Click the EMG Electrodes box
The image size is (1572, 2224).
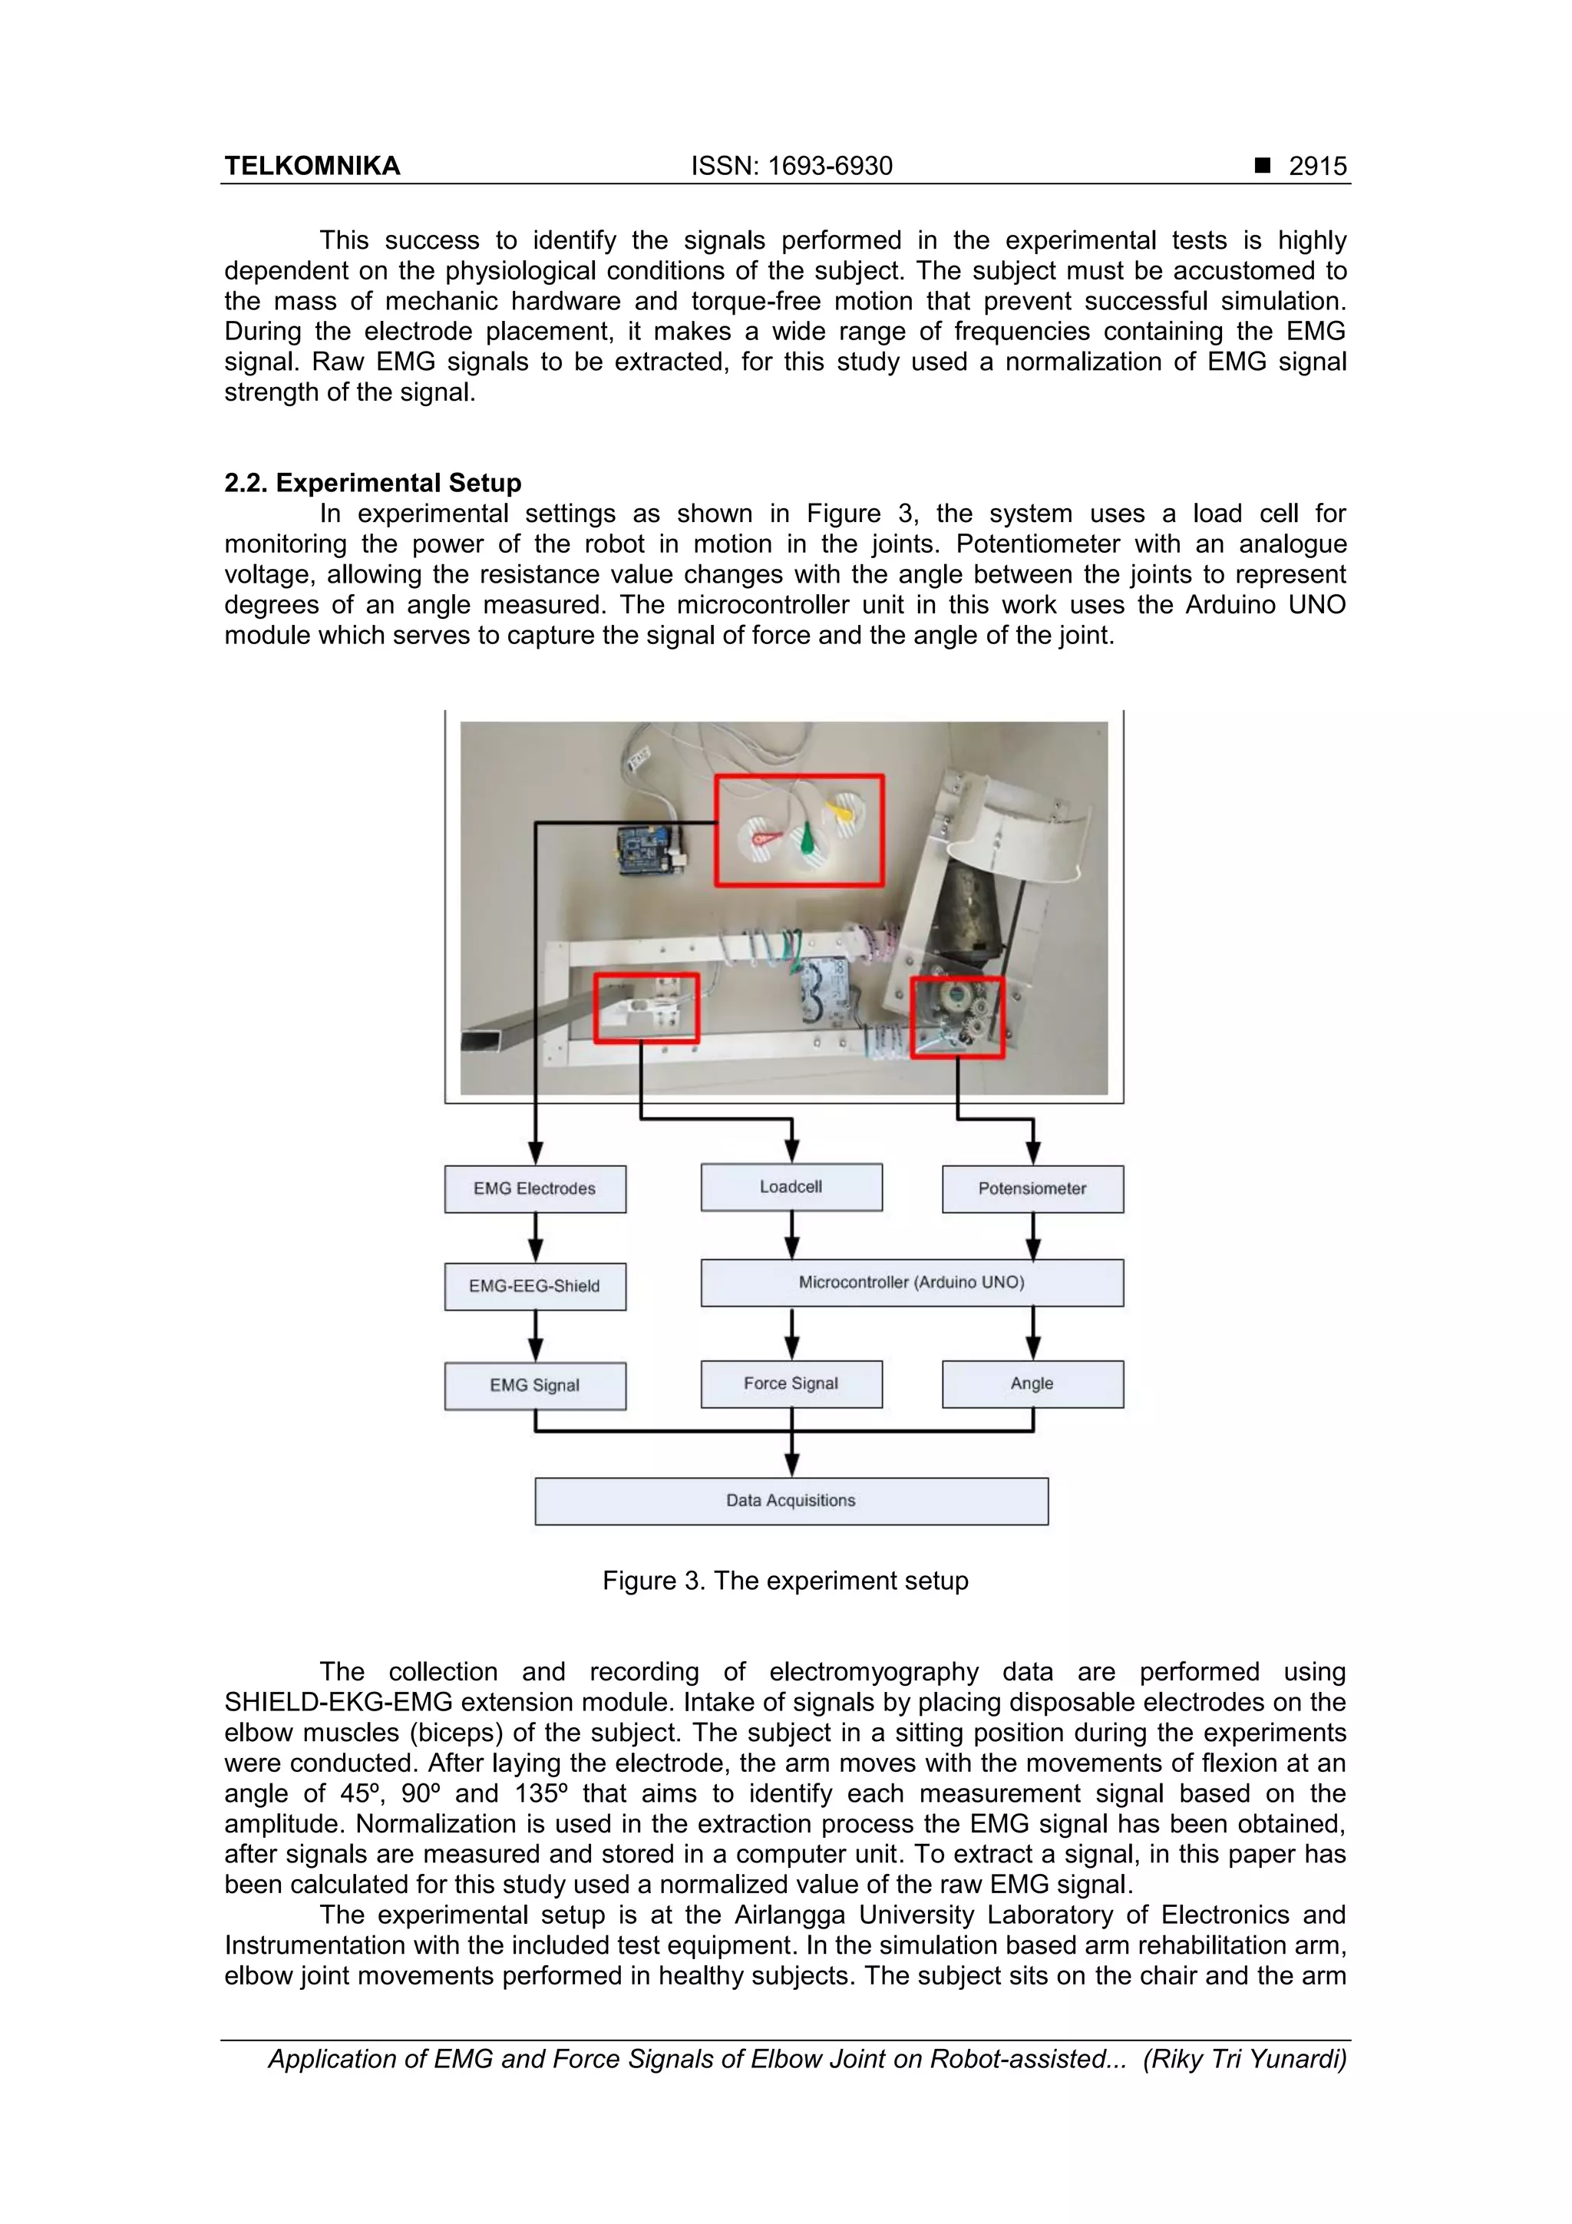point(535,1188)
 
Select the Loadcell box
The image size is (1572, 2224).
point(791,1187)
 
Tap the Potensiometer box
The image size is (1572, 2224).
point(1032,1188)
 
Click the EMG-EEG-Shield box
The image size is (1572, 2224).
point(535,1287)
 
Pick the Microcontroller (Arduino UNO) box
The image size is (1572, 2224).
point(911,1283)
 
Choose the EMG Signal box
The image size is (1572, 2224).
point(535,1385)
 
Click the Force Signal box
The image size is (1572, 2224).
point(791,1383)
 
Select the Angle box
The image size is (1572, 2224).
point(1032,1383)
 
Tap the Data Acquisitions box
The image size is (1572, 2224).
point(791,1500)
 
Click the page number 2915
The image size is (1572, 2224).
point(1317,167)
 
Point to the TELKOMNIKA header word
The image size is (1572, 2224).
point(312,167)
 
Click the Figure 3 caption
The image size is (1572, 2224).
point(785,1581)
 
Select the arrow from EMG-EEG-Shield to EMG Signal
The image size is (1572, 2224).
point(535,1337)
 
